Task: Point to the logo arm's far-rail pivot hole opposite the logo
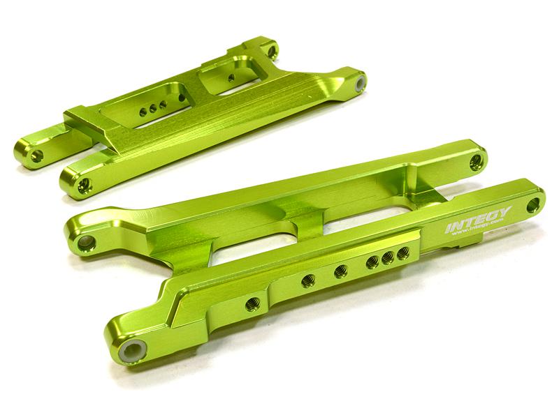click(477, 162)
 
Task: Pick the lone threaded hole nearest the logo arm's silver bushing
click(254, 303)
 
